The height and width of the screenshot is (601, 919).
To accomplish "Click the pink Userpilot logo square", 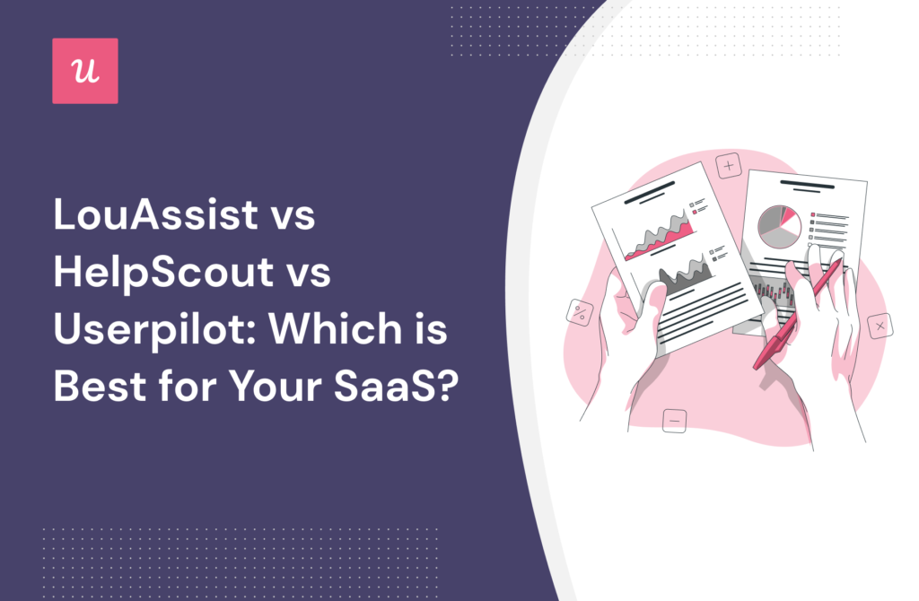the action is click(x=85, y=71).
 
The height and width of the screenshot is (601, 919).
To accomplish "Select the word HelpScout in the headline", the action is click(x=163, y=273).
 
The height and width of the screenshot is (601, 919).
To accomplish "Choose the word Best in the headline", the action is click(x=100, y=386).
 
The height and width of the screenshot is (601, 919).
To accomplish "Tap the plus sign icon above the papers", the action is click(x=729, y=166).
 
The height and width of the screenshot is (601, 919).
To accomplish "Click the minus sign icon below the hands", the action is click(x=674, y=421).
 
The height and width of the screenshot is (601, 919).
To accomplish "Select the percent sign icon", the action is click(x=580, y=312).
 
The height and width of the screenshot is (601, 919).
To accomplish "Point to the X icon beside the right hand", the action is click(x=880, y=326).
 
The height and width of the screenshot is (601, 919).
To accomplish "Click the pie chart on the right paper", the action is click(x=779, y=227).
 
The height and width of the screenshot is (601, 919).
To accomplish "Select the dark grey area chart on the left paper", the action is click(x=686, y=276).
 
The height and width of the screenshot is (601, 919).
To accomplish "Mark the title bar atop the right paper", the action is click(x=807, y=185).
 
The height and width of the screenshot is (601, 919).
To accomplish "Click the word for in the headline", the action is click(x=187, y=386).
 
